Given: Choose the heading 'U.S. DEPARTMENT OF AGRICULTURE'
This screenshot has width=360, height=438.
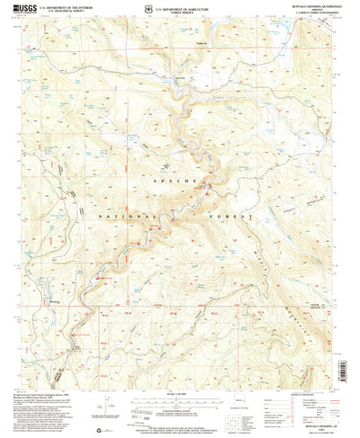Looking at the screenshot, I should coord(184,5).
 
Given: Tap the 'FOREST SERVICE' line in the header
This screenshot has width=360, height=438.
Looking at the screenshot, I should coord(184,10).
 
